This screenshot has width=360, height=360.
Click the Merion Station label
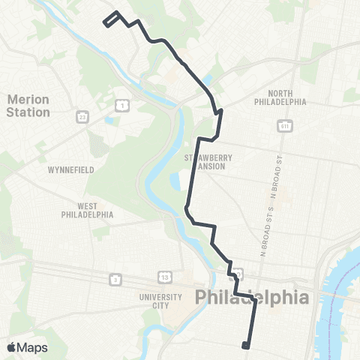29,106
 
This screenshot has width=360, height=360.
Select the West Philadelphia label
87,209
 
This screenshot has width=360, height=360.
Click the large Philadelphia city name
252,297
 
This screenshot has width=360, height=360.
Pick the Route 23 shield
82,116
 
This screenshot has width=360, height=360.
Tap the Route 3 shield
115,279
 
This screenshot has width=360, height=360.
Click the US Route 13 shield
163,278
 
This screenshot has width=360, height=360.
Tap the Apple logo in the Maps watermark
11,347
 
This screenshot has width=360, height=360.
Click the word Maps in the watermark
32,347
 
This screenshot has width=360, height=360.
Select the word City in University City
160,305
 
